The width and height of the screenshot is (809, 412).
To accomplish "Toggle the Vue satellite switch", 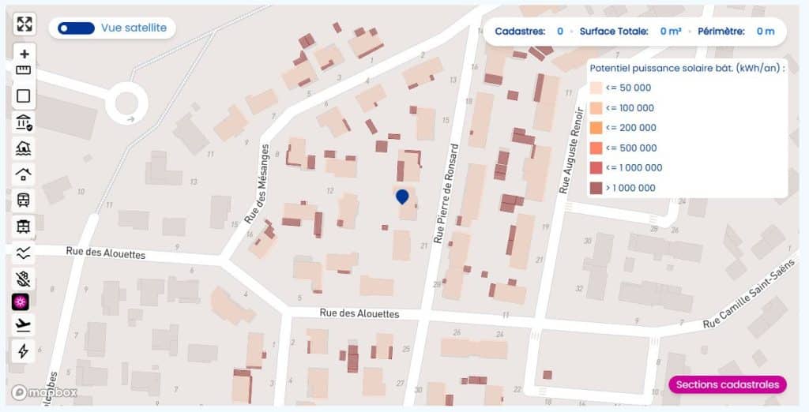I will click(x=76, y=28).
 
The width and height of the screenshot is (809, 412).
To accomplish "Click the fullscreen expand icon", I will click(x=24, y=24).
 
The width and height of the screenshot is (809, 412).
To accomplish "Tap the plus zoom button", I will click(x=24, y=54).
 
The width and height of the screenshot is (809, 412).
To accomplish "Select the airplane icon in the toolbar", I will click(x=24, y=325).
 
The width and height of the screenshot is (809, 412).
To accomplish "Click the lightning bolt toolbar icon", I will click(x=24, y=351).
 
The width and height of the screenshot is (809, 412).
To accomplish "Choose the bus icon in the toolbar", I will click(x=24, y=200).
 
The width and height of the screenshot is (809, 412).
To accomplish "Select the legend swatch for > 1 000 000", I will click(x=596, y=188).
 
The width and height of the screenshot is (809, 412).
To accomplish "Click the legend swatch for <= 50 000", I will click(x=596, y=88).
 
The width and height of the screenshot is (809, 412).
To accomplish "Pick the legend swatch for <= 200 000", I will click(x=596, y=128).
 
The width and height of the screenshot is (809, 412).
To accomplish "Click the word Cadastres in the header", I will click(x=520, y=32).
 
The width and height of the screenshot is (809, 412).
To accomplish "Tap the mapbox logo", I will click(x=44, y=392).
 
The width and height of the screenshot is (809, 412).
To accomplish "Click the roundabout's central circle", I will click(x=126, y=102).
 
